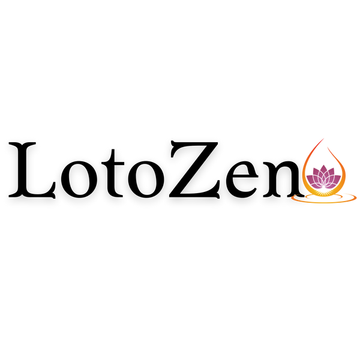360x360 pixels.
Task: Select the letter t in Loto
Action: (113, 173)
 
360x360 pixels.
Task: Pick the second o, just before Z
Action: (146, 179)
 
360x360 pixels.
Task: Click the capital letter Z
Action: (194, 169)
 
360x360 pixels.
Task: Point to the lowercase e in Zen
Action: (242, 179)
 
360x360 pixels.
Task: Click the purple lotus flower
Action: (323, 177)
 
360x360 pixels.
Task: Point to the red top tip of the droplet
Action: (323, 139)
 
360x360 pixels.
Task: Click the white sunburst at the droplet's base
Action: (324, 193)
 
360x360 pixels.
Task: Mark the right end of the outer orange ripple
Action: (356, 198)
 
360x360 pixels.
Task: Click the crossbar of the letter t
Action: (113, 163)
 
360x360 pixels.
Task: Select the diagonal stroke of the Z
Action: (194, 169)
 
